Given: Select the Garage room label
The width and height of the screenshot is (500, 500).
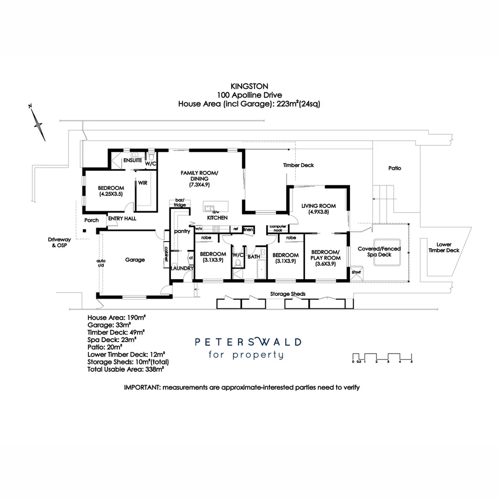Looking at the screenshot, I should [x=135, y=260].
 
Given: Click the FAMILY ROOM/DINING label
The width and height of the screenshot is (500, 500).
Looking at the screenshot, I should [x=200, y=178].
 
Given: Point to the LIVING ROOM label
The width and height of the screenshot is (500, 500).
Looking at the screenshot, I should [x=318, y=208].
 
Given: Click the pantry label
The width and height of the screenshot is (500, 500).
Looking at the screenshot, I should [x=182, y=231].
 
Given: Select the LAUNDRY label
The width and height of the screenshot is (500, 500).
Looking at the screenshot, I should [x=181, y=268].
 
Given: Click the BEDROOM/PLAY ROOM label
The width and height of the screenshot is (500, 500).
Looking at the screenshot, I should [x=325, y=257].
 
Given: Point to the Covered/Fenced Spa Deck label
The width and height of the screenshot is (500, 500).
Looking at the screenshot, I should [x=379, y=251].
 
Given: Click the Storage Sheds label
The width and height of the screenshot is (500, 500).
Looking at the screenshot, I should [x=287, y=294].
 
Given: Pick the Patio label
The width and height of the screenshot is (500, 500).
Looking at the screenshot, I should [x=394, y=168].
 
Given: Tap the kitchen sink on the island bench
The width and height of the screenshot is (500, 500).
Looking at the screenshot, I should [x=209, y=208].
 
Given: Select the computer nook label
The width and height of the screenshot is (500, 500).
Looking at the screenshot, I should [x=278, y=228].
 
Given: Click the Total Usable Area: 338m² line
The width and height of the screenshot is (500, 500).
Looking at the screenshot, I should [x=126, y=369].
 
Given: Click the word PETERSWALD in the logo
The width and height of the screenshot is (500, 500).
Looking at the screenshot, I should [x=248, y=342].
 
